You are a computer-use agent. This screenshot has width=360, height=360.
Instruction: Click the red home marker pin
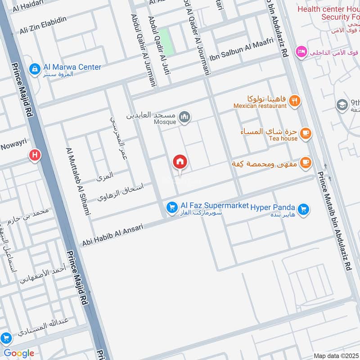coord(180,162)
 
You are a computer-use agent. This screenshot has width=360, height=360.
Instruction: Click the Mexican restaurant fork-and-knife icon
coord(295,101)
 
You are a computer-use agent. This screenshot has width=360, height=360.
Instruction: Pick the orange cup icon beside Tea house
coord(306,134)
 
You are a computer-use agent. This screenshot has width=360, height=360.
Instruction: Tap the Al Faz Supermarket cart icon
coord(171,207)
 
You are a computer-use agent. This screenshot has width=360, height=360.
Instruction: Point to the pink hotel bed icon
coord(301,52)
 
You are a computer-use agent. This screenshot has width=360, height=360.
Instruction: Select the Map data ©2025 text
coord(336,355)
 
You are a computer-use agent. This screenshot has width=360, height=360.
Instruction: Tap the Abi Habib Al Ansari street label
coord(112,235)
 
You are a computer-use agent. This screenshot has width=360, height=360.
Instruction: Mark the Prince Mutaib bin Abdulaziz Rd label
coord(334,220)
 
